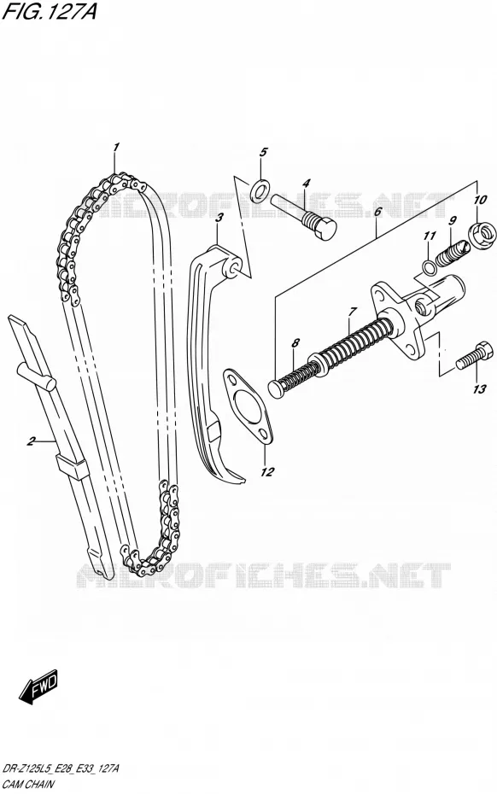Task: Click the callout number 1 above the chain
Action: (116, 148)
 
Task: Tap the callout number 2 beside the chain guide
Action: (31, 441)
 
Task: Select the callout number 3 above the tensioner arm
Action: (219, 219)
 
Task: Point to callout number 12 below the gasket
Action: (267, 472)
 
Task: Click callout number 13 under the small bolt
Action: (480, 389)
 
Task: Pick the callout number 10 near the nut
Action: (480, 200)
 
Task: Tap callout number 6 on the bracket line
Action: (377, 213)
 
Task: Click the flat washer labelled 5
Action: (260, 190)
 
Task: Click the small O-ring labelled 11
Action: (429, 267)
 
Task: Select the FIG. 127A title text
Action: (50, 11)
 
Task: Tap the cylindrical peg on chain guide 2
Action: (36, 376)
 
